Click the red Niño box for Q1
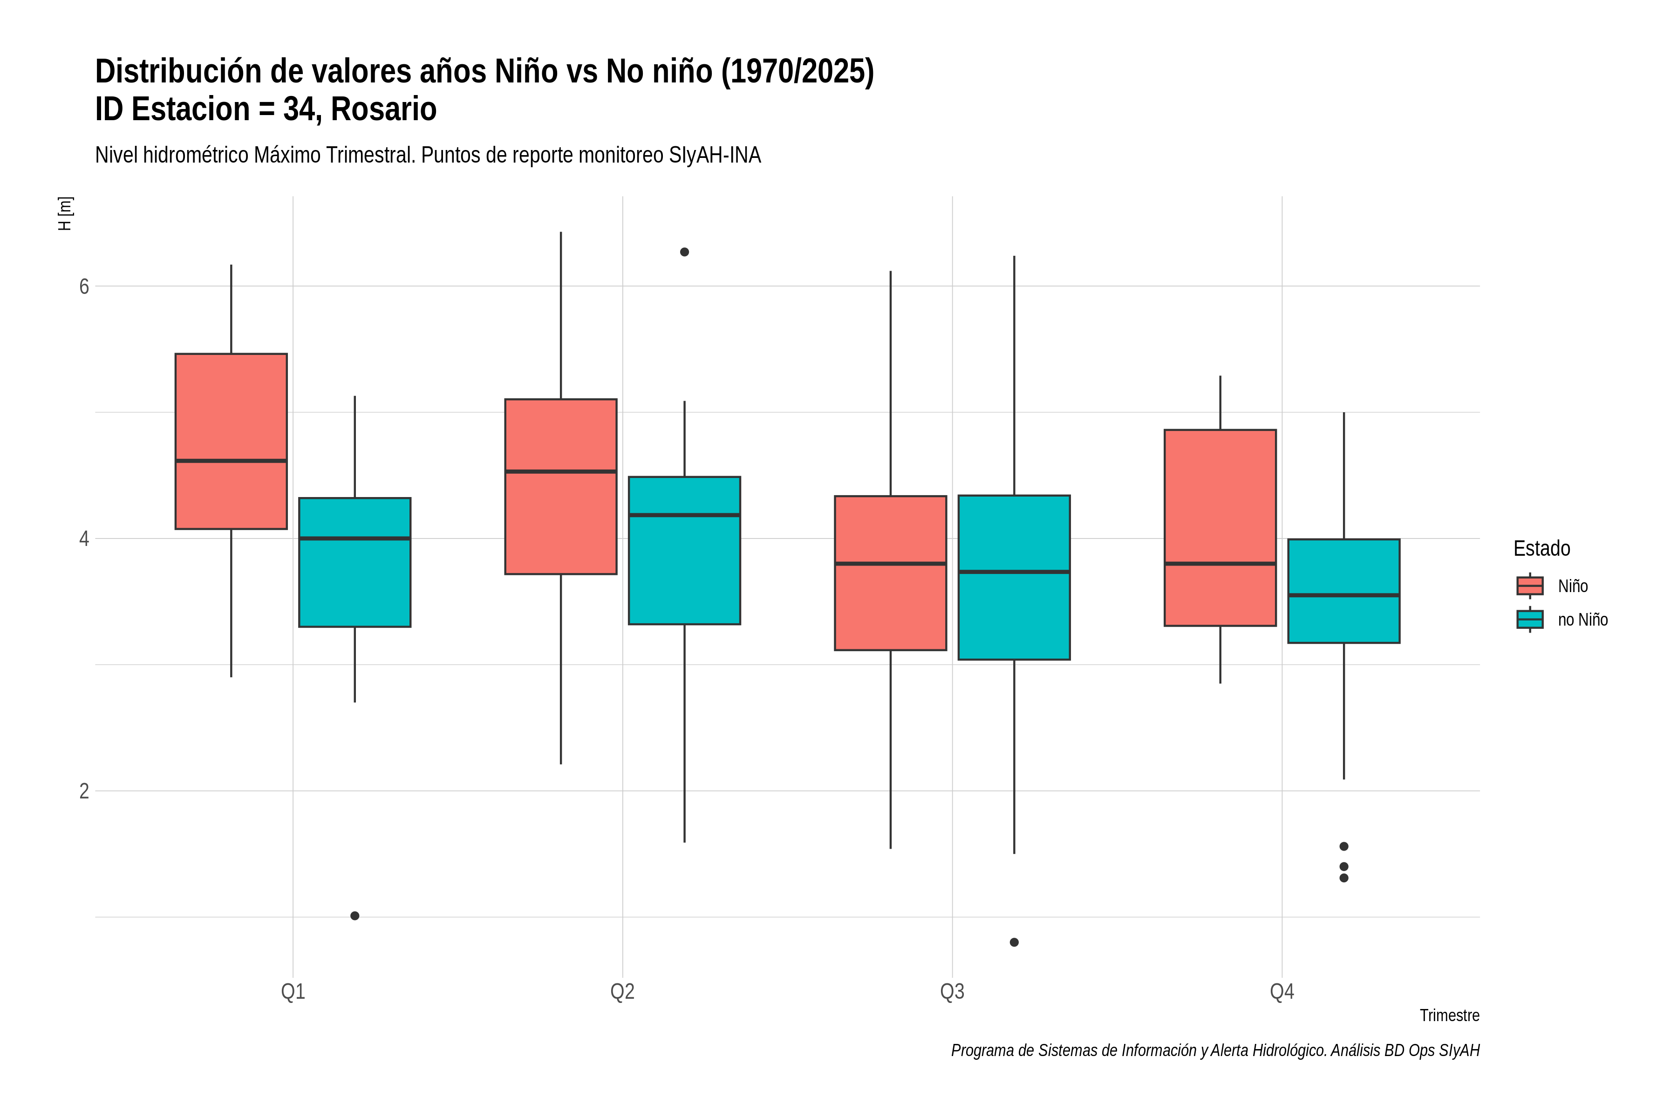(x=231, y=441)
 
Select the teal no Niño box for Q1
(x=354, y=563)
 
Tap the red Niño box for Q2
(x=560, y=486)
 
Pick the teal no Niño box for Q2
(x=684, y=551)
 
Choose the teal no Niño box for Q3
(x=1014, y=578)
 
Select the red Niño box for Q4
(x=1220, y=528)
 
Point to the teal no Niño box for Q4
(x=1344, y=591)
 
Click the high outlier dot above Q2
(x=684, y=252)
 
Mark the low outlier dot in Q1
(x=354, y=915)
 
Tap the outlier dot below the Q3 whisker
(x=1014, y=942)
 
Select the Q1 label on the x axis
(x=293, y=992)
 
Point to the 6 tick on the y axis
(x=84, y=286)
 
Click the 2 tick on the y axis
(x=84, y=791)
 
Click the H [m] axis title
(x=65, y=213)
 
